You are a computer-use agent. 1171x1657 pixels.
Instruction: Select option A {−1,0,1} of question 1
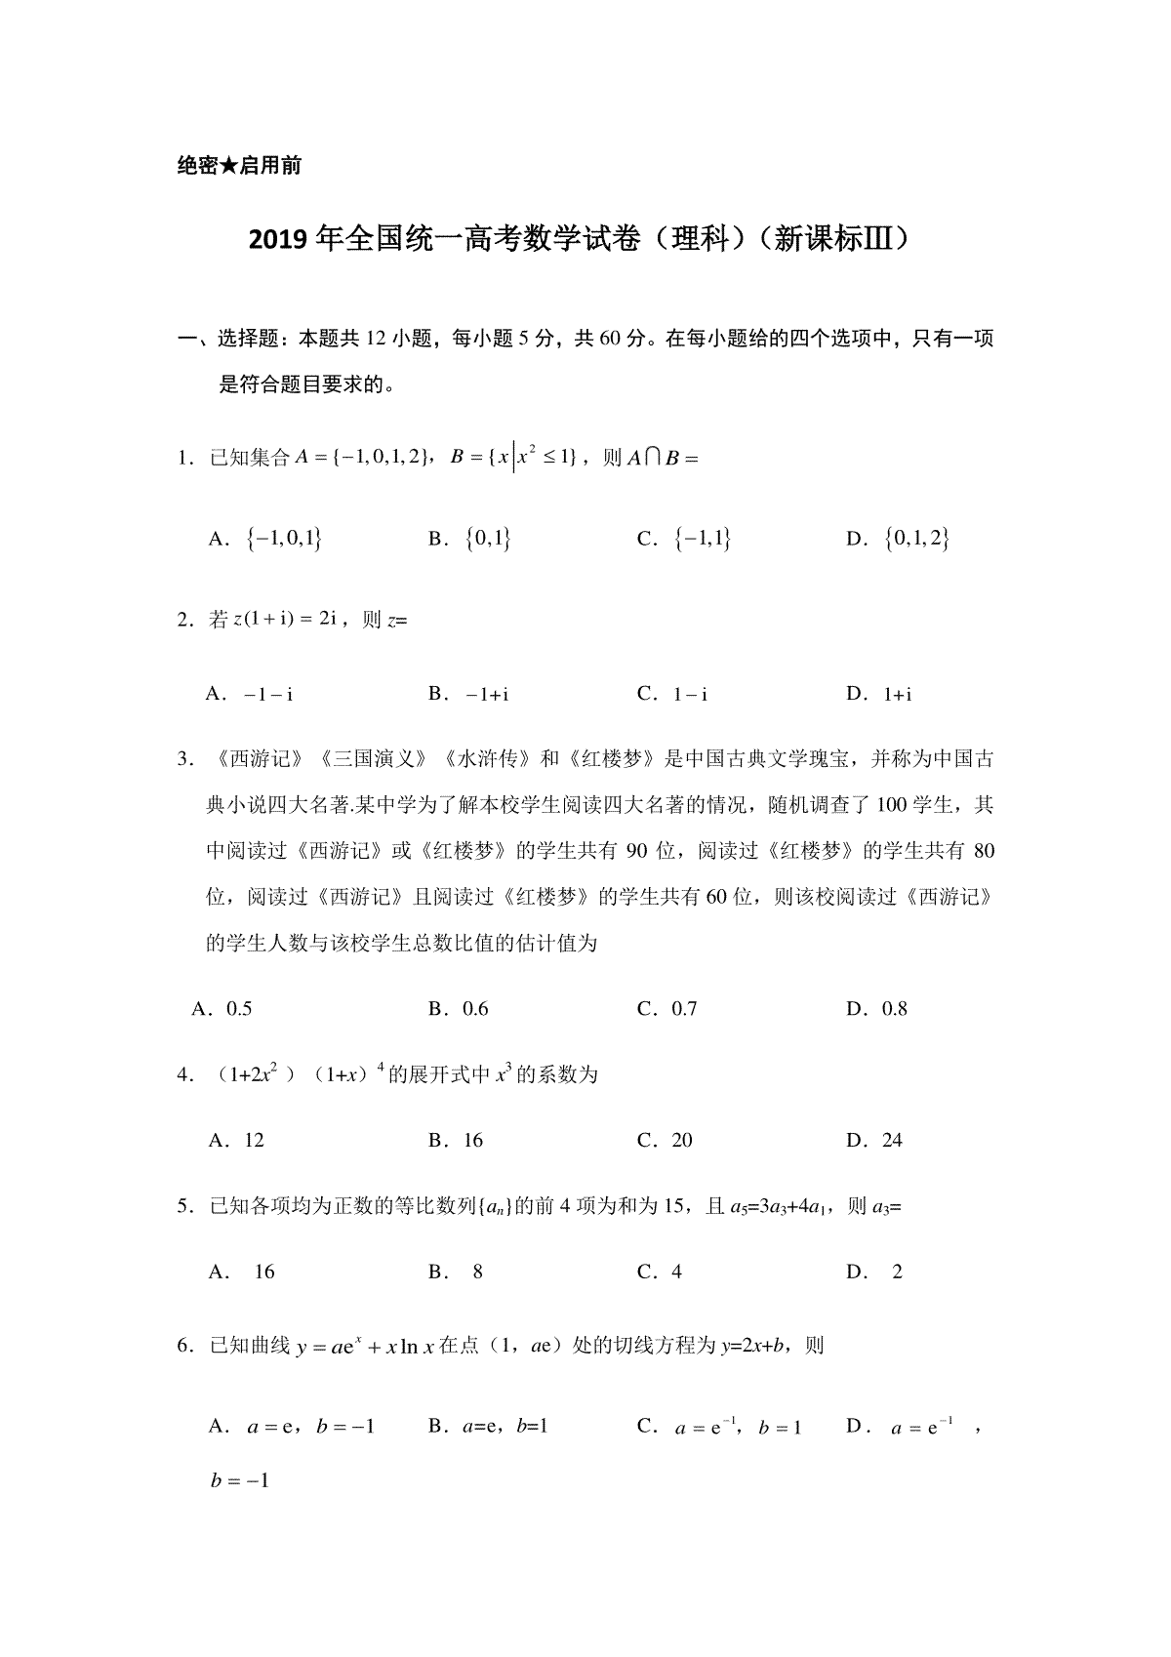tap(265, 538)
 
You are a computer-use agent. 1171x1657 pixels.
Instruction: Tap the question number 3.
tap(182, 758)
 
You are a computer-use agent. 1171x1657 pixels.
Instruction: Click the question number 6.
tap(182, 1347)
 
